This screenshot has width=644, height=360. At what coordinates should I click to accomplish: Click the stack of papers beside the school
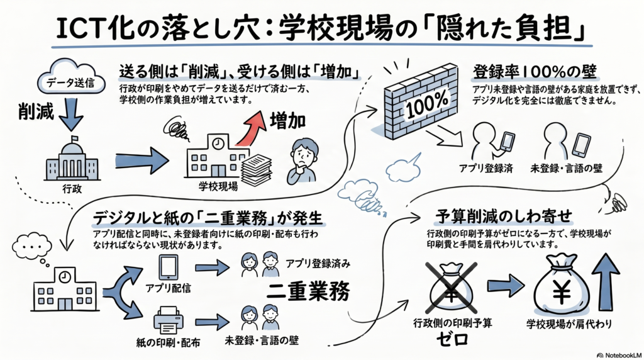tap(257, 169)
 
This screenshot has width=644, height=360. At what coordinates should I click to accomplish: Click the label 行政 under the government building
tap(72, 189)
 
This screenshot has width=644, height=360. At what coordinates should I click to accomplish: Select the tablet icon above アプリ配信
tap(169, 267)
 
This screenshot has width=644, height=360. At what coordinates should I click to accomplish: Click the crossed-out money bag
tap(452, 288)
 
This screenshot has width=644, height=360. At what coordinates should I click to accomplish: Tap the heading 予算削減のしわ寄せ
tap(504, 216)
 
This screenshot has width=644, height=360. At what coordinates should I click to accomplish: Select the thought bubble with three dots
tap(32, 245)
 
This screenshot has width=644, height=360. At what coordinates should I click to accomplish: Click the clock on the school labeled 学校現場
tap(218, 143)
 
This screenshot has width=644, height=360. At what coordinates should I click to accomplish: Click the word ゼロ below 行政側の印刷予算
tap(452, 339)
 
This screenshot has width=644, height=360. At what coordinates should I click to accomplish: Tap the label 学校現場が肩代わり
tap(569, 324)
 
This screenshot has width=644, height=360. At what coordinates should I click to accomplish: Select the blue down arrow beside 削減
tap(71, 115)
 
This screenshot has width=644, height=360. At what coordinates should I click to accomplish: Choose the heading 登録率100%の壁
tap(535, 72)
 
